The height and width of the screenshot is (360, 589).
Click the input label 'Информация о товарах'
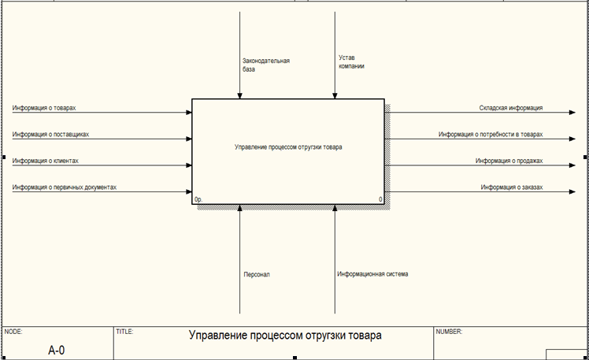point(44,107)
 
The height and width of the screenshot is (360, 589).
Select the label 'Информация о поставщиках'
point(50,134)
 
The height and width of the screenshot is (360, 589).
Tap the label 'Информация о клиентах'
point(46,161)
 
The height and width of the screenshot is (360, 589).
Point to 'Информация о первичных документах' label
point(65,187)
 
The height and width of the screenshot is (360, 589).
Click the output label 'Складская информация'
point(511,107)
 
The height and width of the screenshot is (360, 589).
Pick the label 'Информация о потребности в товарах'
point(491,134)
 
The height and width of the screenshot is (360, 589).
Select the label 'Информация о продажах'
point(509,161)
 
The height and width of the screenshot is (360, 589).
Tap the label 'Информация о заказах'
point(512,187)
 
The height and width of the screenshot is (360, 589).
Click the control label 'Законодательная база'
point(266,65)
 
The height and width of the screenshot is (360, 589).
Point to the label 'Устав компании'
point(351,62)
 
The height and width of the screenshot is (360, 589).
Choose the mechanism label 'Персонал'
point(257,275)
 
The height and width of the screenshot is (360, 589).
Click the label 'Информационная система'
point(372,274)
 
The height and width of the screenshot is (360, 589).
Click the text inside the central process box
point(288,147)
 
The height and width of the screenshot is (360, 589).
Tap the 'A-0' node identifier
point(56,349)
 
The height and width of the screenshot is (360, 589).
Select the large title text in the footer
point(285,336)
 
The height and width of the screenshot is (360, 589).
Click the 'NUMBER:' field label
point(449,332)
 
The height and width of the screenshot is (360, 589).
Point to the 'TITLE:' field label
point(124,332)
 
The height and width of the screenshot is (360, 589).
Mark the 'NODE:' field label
point(13,332)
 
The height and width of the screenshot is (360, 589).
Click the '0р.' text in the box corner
point(198,200)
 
